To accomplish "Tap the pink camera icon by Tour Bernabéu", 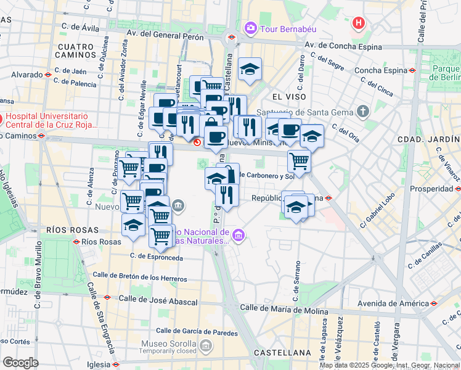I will [250, 28].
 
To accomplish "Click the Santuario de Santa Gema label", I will [309, 112].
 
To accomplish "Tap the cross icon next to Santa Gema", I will [363, 112].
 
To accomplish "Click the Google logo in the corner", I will [20, 362].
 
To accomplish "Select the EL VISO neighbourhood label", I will [285, 97].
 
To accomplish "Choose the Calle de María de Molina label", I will [284, 308].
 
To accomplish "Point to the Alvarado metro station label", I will [27, 74].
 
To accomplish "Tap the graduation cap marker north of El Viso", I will [250, 70].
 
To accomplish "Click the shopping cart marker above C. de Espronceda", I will [161, 235].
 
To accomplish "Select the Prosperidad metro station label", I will [428, 189].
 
